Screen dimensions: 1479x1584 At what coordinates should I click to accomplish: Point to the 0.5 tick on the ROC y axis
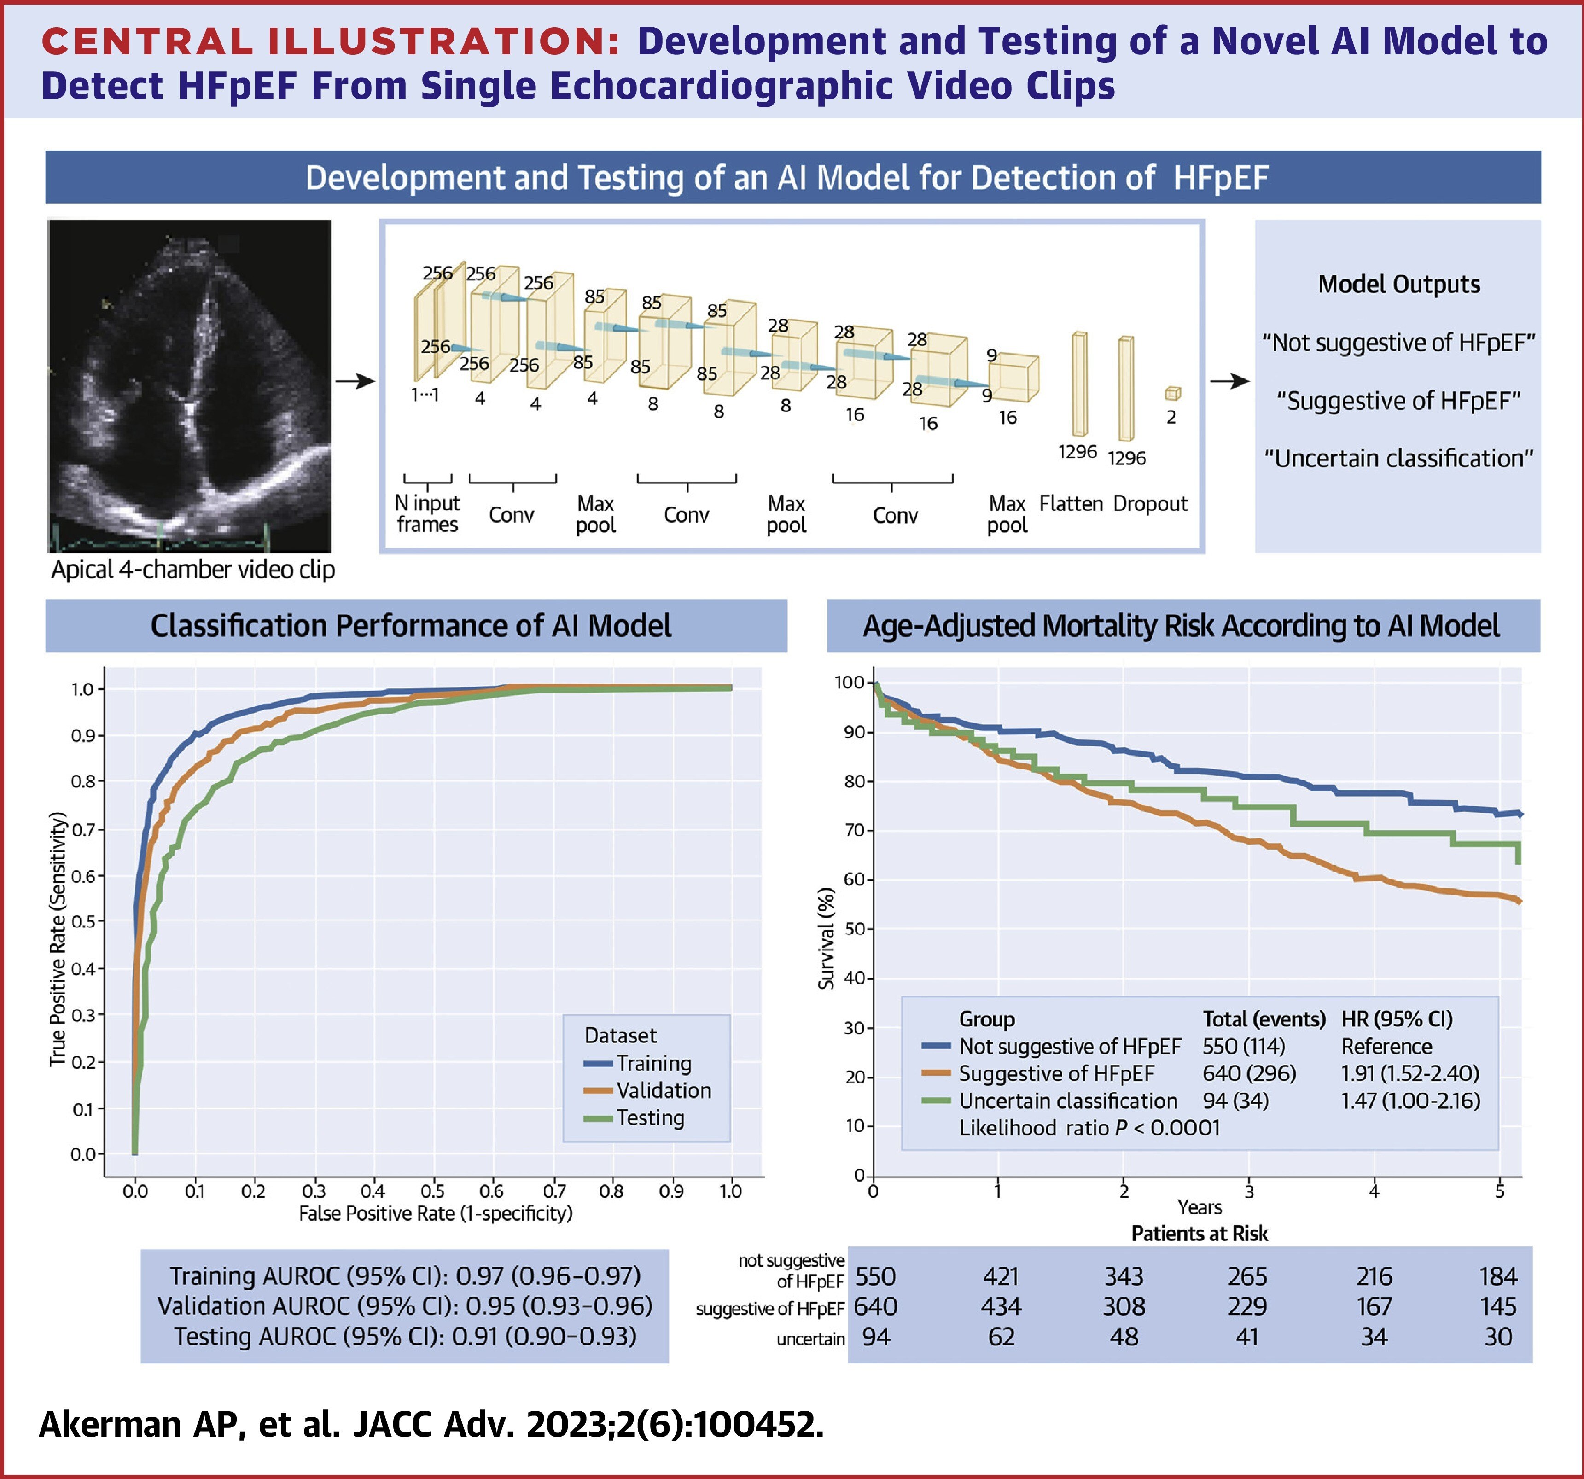point(83,922)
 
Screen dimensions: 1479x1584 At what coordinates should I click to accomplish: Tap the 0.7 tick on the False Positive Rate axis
point(554,1191)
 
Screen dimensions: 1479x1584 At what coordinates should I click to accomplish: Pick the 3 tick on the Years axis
point(1249,1191)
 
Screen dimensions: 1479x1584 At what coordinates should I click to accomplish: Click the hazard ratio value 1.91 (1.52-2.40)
point(1409,1073)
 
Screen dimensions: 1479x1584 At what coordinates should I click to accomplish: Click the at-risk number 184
point(1498,1276)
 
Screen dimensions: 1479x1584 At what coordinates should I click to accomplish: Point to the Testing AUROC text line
point(405,1336)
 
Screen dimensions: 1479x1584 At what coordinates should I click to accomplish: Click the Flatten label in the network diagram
point(1071,504)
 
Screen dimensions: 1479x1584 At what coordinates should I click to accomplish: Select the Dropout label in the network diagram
point(1150,504)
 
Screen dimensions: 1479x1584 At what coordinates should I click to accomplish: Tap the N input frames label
point(427,514)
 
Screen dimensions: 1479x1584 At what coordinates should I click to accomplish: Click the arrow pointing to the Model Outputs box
point(1229,382)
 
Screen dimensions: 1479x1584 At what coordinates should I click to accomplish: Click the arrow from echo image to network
point(355,382)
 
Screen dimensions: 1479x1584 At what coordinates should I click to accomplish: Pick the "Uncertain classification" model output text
point(1398,458)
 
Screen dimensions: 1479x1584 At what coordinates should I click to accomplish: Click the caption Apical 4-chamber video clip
point(193,570)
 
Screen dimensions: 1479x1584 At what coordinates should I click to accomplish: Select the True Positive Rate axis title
point(58,939)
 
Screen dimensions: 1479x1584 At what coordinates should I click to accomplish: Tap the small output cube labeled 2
point(1172,394)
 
